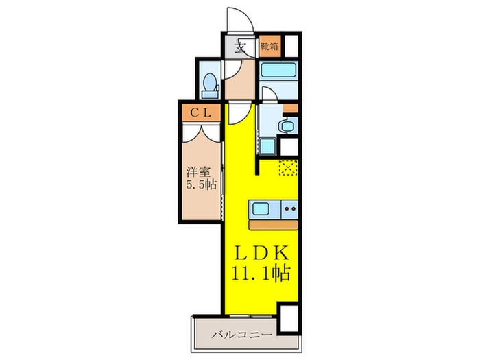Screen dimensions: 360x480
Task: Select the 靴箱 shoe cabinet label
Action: [269, 47]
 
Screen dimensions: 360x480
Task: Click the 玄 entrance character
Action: [241, 48]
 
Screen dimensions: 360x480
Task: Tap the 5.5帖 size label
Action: [199, 184]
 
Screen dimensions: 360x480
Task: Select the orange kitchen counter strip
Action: [274, 224]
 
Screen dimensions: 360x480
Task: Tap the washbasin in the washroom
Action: [288, 125]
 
